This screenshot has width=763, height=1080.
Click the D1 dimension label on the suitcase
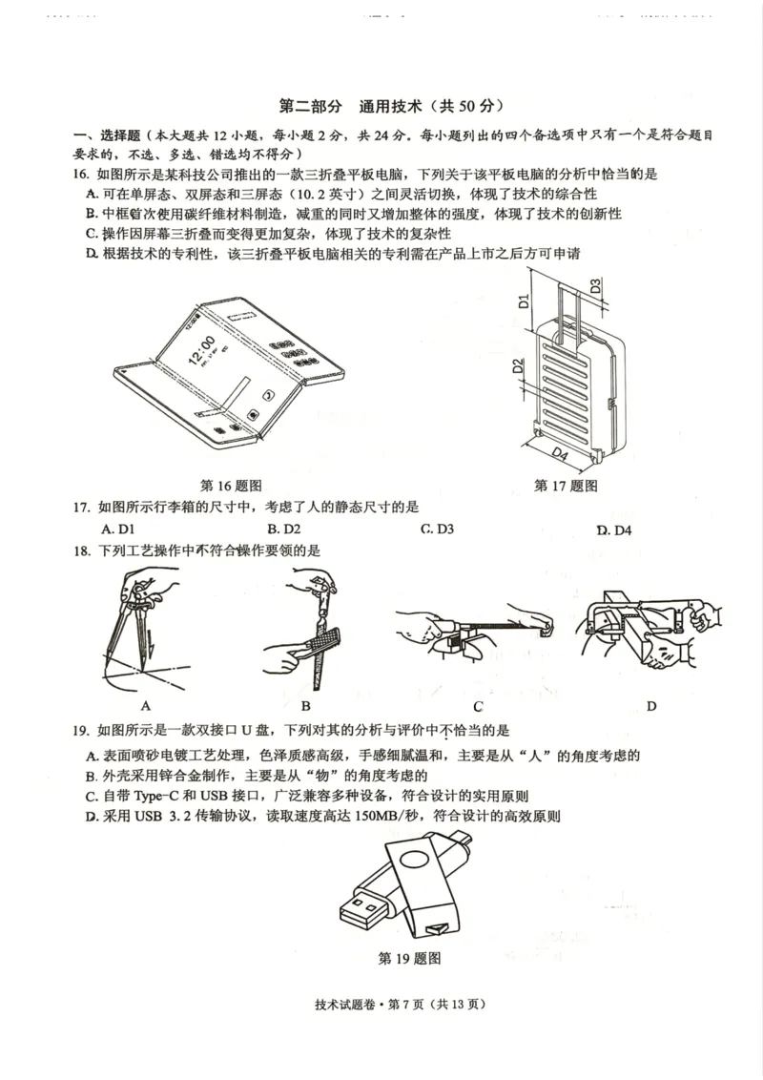point(523,302)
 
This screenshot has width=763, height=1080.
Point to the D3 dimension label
point(595,285)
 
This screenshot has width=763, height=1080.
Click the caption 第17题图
point(566,486)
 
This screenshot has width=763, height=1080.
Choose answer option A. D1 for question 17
point(118,529)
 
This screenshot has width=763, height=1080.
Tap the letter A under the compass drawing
point(146,706)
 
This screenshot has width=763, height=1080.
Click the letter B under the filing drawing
point(306,706)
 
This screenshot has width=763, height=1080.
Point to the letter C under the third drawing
point(478,707)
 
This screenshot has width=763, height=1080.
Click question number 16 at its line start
point(81,174)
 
